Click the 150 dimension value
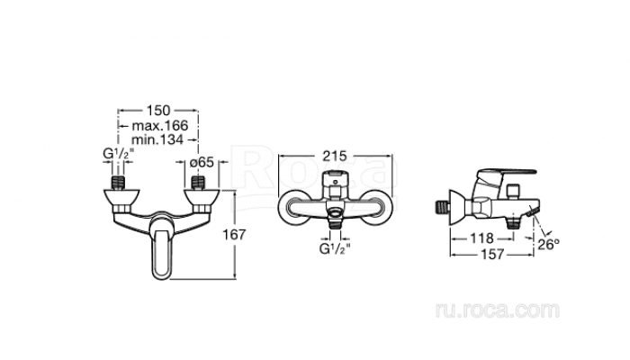pyautogui.click(x=158, y=110)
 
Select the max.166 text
pyautogui.click(x=160, y=126)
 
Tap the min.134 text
pyautogui.click(x=157, y=139)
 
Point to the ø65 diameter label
pyautogui.click(x=202, y=162)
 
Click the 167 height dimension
pyautogui.click(x=234, y=235)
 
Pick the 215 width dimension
pyautogui.click(x=335, y=156)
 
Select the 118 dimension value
pyautogui.click(x=481, y=238)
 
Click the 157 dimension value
pyautogui.click(x=492, y=255)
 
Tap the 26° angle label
pyautogui.click(x=548, y=244)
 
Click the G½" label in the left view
pyautogui.click(x=119, y=154)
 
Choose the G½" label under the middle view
pyautogui.click(x=335, y=249)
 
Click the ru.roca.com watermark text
pyautogui.click(x=498, y=310)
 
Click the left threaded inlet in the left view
pyautogui.click(x=118, y=183)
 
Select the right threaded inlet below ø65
pyautogui.click(x=198, y=183)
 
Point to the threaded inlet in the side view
pyautogui.click(x=443, y=207)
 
